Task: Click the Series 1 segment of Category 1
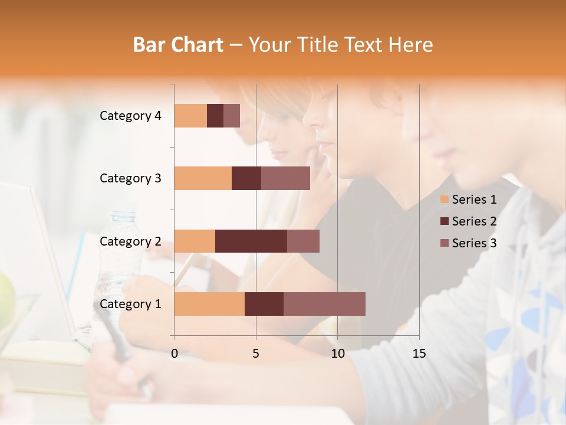[209, 304]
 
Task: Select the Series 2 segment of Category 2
[251, 241]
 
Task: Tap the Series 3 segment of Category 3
[285, 178]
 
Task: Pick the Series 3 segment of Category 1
[324, 304]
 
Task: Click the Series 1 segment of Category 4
[190, 116]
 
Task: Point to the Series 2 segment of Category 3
[246, 178]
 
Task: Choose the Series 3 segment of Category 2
[303, 241]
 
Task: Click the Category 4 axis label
[130, 116]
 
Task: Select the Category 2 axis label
[130, 241]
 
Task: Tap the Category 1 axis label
[130, 304]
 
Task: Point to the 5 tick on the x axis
[256, 354]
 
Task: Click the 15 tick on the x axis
[419, 354]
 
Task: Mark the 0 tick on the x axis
[175, 354]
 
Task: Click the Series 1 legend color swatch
[444, 200]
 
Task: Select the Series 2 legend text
[474, 221]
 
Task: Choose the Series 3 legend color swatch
[444, 243]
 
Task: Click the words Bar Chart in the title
[178, 44]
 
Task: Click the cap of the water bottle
[124, 212]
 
